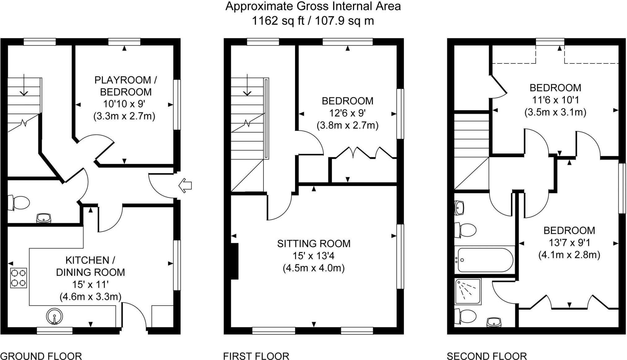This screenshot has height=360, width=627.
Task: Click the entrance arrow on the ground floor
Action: pos(185,186)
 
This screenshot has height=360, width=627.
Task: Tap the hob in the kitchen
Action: pos(19,278)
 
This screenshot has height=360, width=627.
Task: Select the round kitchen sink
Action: pos(54,316)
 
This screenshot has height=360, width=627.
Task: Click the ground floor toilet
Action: pos(19,203)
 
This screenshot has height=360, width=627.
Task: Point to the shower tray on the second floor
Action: pos(468,292)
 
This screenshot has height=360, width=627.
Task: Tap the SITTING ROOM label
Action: pos(314,244)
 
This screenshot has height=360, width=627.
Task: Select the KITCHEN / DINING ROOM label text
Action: pos(90,266)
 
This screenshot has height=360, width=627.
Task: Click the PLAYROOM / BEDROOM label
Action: pos(125,86)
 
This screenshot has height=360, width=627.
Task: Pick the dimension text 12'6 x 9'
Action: pos(347,113)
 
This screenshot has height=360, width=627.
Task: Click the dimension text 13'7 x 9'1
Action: pos(569,242)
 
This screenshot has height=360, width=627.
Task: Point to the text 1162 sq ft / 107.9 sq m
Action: pos(313,21)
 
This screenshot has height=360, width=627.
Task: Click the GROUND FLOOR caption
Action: pos(41,356)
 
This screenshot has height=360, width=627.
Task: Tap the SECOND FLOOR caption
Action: pos(487,356)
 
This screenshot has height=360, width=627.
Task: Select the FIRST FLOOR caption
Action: pos(256,356)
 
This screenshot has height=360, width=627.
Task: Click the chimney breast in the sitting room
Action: pos(235,261)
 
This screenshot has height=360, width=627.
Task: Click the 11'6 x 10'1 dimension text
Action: pos(555,100)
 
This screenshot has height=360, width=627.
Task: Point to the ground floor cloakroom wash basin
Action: pos(44,218)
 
